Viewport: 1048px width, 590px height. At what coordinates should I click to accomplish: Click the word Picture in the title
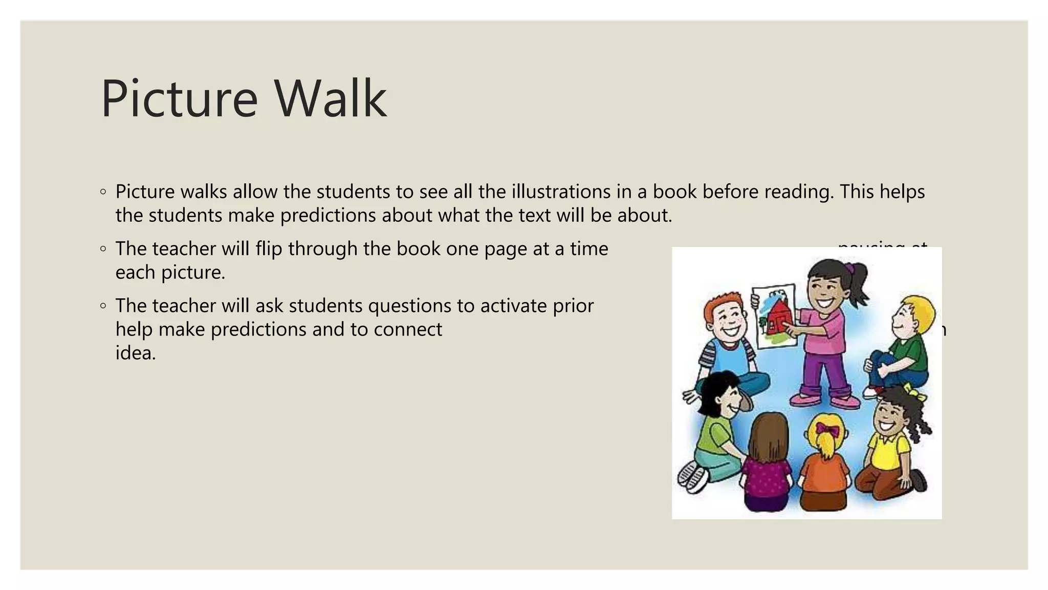pos(179,98)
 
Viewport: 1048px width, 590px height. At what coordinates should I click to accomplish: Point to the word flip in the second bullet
pos(269,248)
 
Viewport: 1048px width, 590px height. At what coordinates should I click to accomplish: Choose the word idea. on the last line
pos(135,352)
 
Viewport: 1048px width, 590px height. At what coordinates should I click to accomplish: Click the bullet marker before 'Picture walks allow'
pos(103,192)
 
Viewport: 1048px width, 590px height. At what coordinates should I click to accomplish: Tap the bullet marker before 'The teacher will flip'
pos(103,249)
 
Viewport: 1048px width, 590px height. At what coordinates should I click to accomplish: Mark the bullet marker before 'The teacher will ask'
pos(103,306)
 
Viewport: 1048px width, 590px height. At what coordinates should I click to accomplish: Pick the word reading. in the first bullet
pos(799,192)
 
